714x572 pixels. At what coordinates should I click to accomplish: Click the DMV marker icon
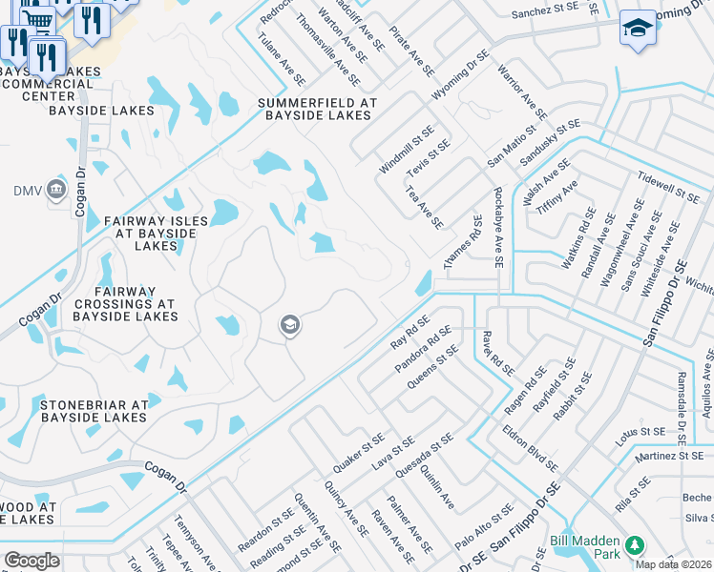[55, 190]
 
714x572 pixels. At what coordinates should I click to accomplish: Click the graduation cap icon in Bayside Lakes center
[289, 326]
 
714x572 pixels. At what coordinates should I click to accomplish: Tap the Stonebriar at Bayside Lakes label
[94, 411]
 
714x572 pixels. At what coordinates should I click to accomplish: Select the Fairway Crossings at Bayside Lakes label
[124, 302]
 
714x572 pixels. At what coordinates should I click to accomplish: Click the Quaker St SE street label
[358, 452]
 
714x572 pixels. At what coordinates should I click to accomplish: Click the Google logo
[31, 561]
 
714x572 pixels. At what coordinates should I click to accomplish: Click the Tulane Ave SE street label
[282, 60]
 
